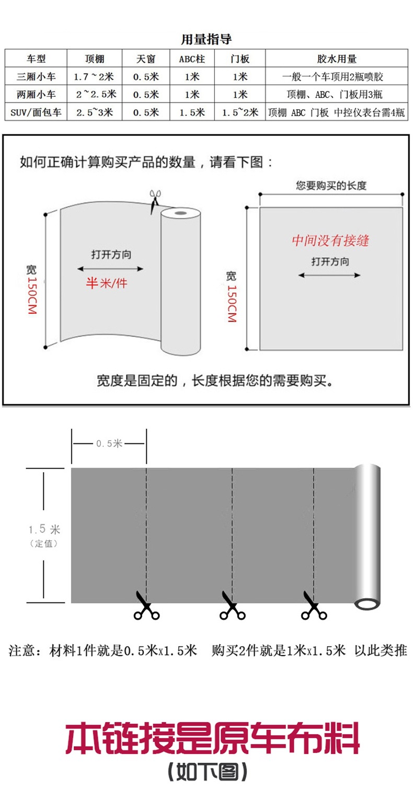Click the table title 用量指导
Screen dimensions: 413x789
(x=206, y=39)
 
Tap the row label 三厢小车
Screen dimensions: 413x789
(x=36, y=77)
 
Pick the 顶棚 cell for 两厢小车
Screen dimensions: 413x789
(x=95, y=95)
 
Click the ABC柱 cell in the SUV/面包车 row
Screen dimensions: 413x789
(x=192, y=112)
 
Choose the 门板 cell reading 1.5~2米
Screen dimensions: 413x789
(x=240, y=112)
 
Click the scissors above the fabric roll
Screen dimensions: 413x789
(x=154, y=201)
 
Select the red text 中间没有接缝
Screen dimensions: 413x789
(x=330, y=241)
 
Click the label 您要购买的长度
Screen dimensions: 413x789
(x=331, y=186)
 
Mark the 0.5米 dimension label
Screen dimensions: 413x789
(x=109, y=443)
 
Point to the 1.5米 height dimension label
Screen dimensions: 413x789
(x=44, y=530)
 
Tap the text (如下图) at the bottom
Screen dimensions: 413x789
(x=207, y=772)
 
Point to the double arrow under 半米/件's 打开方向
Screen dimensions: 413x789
(x=110, y=269)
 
